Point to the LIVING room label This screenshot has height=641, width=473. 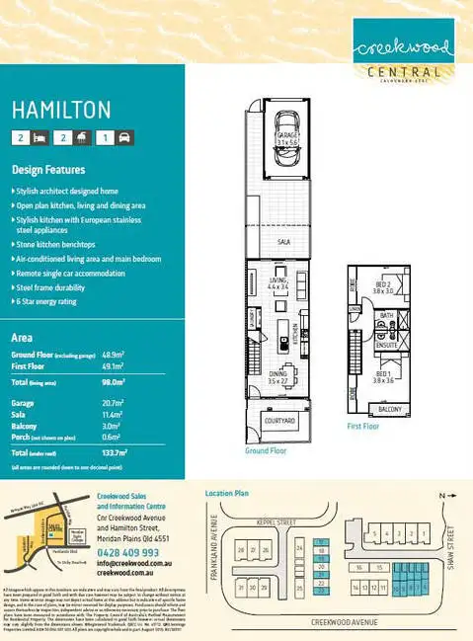point(278,283)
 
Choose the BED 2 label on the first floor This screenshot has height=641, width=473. point(382,287)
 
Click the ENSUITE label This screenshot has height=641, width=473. point(387,345)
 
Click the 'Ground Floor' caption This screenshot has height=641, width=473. point(266,449)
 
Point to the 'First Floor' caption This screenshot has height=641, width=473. point(364,427)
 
